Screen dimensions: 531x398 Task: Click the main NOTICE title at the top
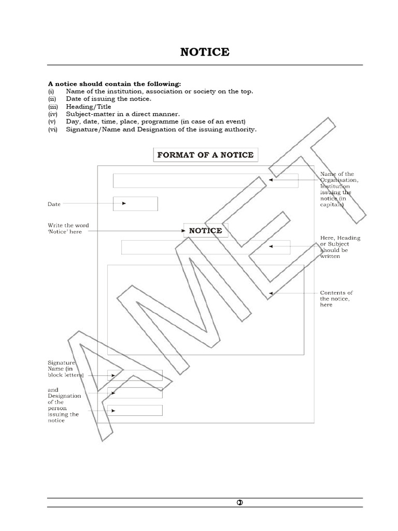click(205, 52)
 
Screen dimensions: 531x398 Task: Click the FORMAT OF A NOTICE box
click(205, 155)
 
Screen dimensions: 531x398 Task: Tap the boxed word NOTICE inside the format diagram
click(205, 231)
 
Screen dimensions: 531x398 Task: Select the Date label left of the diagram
click(54, 204)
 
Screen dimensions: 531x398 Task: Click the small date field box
click(135, 204)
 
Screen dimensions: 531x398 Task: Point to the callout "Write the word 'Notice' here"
click(68, 228)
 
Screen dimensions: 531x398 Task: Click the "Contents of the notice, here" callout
click(336, 299)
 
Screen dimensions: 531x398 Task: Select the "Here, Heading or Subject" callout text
click(340, 247)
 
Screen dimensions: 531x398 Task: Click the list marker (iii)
click(53, 106)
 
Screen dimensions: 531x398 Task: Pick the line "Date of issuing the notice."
click(109, 99)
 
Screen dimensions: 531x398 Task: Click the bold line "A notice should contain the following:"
click(115, 83)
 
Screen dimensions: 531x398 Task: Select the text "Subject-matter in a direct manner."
click(123, 114)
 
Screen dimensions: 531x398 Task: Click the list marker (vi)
click(54, 129)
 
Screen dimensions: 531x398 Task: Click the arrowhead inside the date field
click(124, 203)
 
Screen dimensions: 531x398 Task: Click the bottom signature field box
click(135, 410)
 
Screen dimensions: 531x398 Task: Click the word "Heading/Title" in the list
click(89, 106)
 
